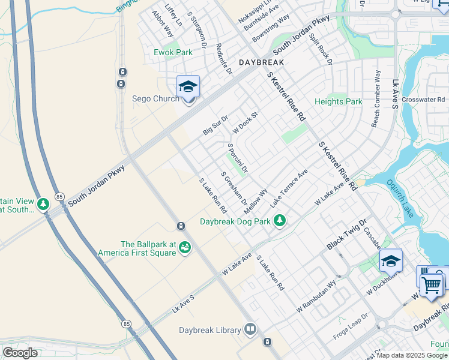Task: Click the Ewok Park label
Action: click(x=173, y=52)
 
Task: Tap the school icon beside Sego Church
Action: click(x=188, y=87)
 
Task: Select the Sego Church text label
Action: click(x=155, y=99)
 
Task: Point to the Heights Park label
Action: click(x=339, y=101)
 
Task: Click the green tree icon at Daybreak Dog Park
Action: click(x=279, y=221)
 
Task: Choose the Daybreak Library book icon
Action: click(x=250, y=329)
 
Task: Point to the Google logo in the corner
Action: click(x=20, y=353)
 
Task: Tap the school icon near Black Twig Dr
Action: click(x=390, y=261)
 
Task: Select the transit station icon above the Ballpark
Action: click(x=180, y=226)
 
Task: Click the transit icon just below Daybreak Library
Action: click(x=267, y=342)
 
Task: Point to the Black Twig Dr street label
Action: click(x=346, y=235)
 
